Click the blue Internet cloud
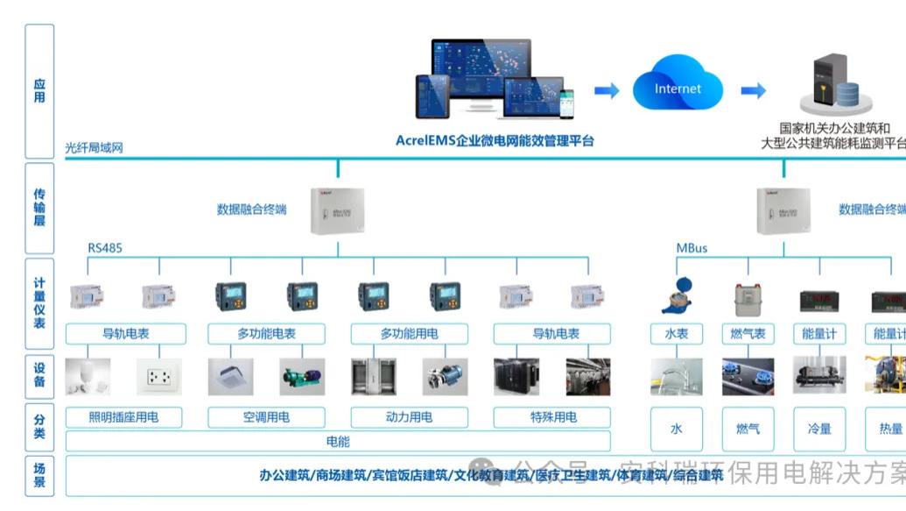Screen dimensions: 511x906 (x=678, y=88)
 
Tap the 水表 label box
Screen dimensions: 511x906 (x=676, y=334)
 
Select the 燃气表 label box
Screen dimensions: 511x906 (x=748, y=334)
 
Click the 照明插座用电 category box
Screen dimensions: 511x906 (x=124, y=417)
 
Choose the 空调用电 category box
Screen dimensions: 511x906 (x=266, y=417)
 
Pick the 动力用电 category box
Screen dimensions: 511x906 (x=409, y=417)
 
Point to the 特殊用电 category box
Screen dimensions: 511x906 (x=552, y=417)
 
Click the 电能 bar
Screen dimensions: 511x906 (x=338, y=441)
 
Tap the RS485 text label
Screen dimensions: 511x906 (x=105, y=248)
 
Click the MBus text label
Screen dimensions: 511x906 (x=692, y=248)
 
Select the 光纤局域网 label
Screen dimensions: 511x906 (x=95, y=148)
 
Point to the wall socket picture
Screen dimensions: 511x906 (x=159, y=377)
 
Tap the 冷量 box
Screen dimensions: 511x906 (x=819, y=429)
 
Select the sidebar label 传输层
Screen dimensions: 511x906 (x=39, y=207)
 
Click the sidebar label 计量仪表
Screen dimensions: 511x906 (x=39, y=303)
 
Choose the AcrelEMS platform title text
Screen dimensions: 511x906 (x=495, y=140)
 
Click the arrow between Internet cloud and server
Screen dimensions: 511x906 (x=753, y=90)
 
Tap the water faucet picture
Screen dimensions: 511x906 (x=676, y=377)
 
